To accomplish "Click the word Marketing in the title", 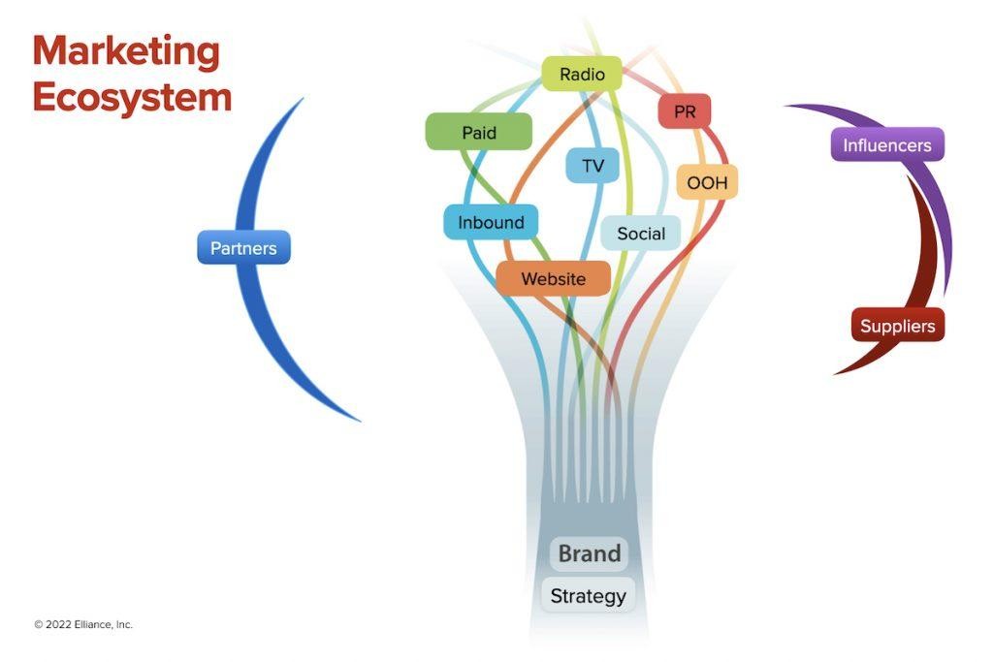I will [126, 50].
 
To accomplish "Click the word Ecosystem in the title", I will [132, 97].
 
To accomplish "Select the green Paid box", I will [479, 132].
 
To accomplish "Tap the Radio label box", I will [582, 74].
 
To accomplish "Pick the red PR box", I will [685, 111].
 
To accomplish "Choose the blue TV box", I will [593, 166].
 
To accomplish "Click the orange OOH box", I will [706, 182].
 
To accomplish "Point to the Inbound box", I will [491, 222].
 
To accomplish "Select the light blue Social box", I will [641, 234].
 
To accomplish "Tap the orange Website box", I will [554, 279].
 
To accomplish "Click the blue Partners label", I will [243, 248].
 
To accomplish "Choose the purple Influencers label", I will [887, 145].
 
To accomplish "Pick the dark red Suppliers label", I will [898, 326].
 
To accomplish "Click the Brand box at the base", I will [590, 554].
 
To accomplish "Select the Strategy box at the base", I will [589, 596].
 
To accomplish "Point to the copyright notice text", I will [83, 625].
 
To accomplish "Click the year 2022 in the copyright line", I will [58, 625].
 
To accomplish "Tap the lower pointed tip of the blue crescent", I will [360, 421].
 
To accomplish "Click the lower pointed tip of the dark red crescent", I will [835, 374].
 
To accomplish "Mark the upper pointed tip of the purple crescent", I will [785, 106].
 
